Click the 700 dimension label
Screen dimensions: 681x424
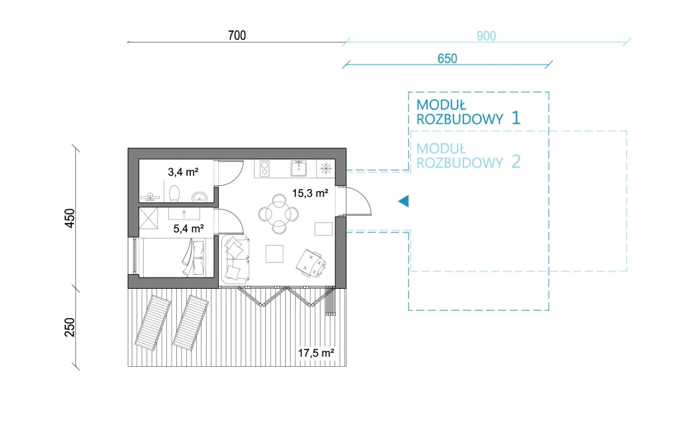(x=237, y=35)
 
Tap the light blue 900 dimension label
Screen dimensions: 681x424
(x=486, y=36)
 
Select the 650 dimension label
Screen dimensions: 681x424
(x=448, y=59)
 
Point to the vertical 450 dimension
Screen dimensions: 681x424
(x=69, y=218)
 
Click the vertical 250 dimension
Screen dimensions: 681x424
(x=69, y=327)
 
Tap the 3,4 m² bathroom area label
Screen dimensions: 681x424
(x=184, y=172)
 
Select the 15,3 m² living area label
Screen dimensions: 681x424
(x=310, y=193)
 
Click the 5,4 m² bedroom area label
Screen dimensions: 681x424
(x=188, y=228)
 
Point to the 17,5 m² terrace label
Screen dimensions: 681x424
(x=316, y=353)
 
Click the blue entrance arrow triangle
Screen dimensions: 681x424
(x=404, y=201)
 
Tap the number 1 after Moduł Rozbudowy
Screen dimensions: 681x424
(x=515, y=118)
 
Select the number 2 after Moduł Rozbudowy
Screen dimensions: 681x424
(x=516, y=162)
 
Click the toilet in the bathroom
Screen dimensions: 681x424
(x=174, y=194)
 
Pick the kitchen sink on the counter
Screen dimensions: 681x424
(x=299, y=168)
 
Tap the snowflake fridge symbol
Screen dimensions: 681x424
(x=326, y=168)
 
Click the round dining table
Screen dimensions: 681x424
(x=279, y=214)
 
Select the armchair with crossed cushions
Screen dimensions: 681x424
(x=311, y=263)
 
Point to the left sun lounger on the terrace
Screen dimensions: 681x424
(x=153, y=323)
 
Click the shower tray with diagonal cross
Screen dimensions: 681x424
(x=148, y=218)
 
